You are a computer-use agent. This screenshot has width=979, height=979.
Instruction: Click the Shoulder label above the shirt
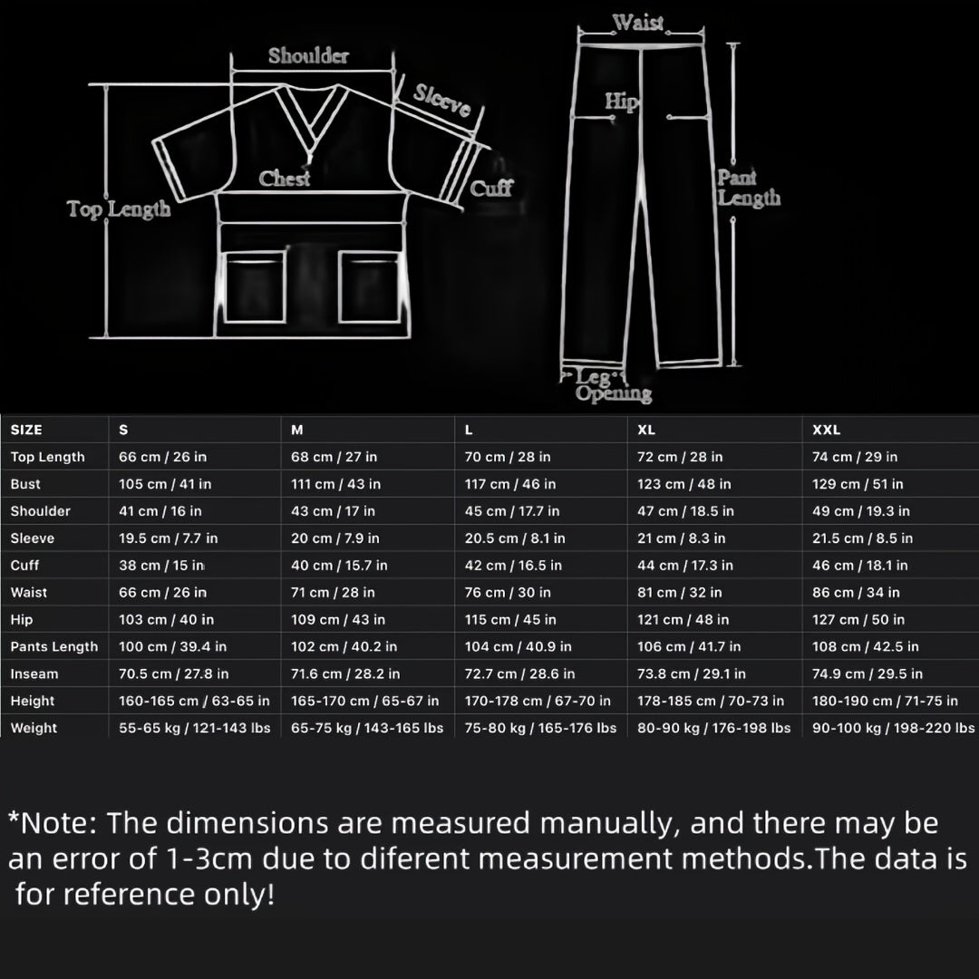click(308, 55)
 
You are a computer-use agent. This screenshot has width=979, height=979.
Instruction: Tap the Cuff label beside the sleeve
click(491, 188)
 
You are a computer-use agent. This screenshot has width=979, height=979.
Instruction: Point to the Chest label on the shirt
click(285, 179)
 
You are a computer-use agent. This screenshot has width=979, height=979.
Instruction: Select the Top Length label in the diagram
click(119, 209)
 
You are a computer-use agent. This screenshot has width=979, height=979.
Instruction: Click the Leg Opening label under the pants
click(613, 385)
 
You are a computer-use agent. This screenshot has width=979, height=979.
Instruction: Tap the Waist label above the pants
click(637, 23)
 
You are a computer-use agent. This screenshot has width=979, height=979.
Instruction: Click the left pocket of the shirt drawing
click(255, 286)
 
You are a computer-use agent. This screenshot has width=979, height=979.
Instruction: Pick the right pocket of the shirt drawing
click(369, 286)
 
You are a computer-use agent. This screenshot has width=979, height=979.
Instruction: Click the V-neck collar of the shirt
click(312, 119)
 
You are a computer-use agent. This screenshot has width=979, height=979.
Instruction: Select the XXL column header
click(826, 430)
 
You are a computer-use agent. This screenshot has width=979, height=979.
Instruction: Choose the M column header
click(297, 430)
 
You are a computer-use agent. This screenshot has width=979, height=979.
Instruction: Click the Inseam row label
click(34, 674)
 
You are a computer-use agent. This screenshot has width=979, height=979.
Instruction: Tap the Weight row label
click(34, 728)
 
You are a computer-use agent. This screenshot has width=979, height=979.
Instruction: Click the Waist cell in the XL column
click(679, 593)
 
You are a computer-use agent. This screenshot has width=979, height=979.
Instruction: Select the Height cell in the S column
click(194, 701)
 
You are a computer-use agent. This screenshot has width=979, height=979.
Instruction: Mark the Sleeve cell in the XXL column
click(862, 538)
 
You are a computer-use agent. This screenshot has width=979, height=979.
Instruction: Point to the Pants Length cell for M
click(344, 647)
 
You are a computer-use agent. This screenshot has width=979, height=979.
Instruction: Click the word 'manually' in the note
click(609, 823)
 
